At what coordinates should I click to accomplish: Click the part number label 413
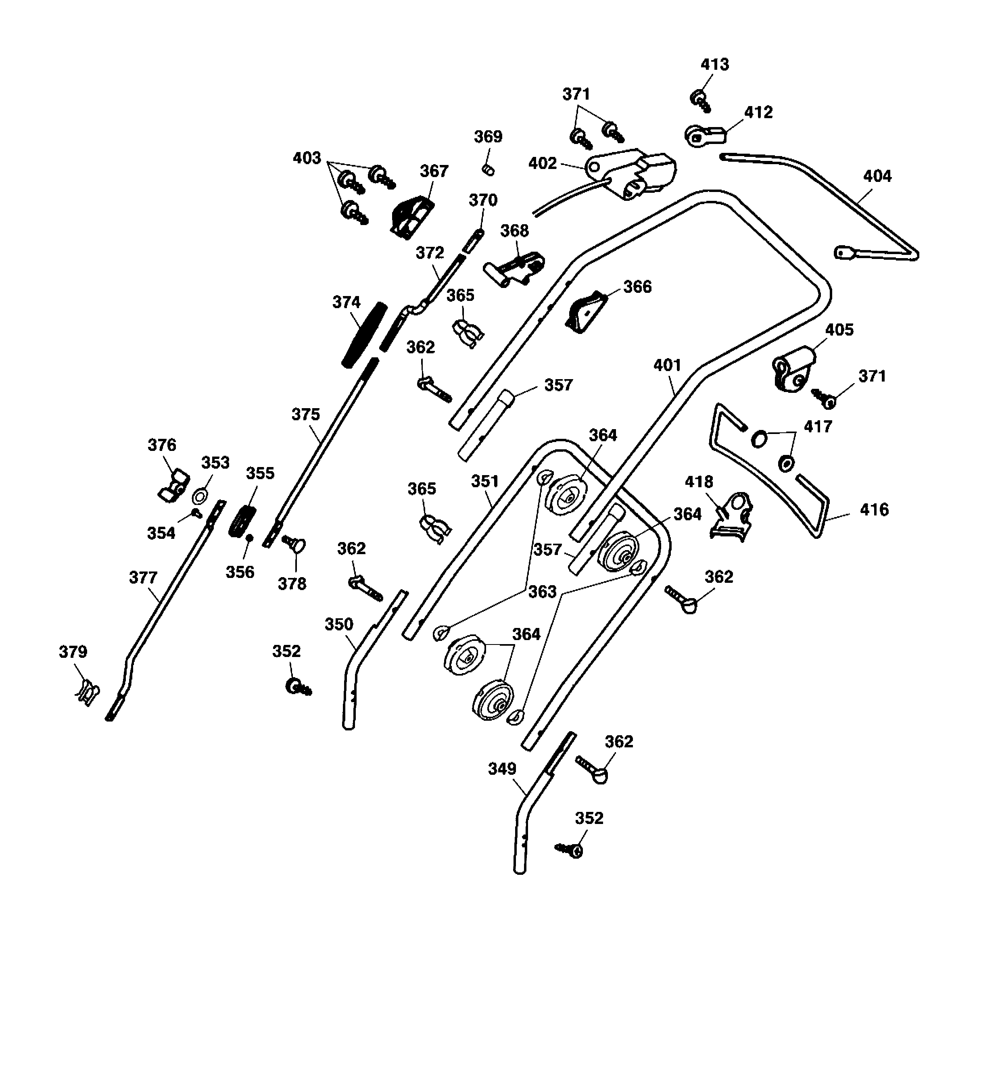click(714, 64)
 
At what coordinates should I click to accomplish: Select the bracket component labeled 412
click(704, 135)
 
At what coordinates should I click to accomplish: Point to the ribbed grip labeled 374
click(364, 335)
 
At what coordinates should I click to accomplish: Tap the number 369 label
click(488, 136)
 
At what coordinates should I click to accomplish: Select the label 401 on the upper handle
click(667, 365)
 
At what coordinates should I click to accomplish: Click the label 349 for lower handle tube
click(502, 769)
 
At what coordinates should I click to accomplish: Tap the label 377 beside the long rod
click(143, 578)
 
